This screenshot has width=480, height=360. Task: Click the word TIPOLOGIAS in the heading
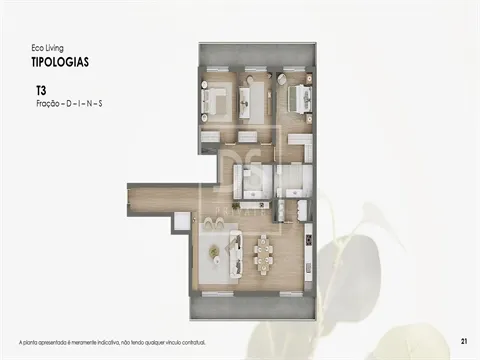(x=60, y=61)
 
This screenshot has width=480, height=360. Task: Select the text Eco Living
(x=48, y=47)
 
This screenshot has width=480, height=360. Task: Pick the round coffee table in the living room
(x=216, y=254)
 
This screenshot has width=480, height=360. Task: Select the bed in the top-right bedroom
(x=297, y=98)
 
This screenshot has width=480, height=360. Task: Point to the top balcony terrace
(x=255, y=56)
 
